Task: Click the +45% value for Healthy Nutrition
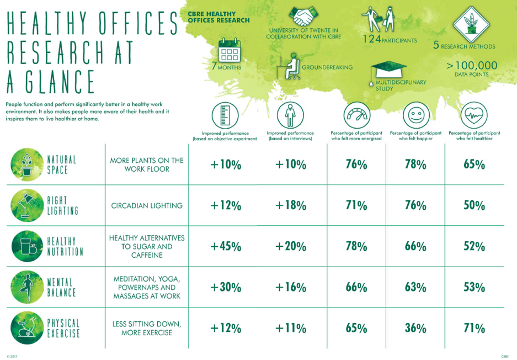(226, 246)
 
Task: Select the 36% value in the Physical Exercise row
(415, 328)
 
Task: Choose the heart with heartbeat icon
(474, 115)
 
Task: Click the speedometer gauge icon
(356, 115)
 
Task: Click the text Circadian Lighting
(147, 205)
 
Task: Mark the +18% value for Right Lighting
(290, 205)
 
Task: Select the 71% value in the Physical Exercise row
(474, 328)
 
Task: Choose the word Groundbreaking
(327, 67)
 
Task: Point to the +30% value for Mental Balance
(226, 287)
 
